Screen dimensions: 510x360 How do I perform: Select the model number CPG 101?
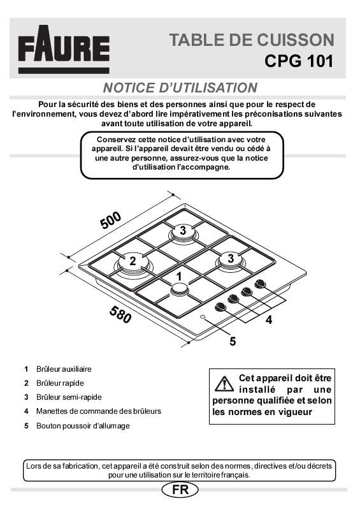point(298,62)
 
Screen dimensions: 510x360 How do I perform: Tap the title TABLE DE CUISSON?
point(251,40)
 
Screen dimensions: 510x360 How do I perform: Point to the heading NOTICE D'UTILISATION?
point(180,87)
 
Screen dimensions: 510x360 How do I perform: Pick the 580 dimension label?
point(120,314)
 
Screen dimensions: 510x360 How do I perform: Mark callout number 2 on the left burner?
point(133,261)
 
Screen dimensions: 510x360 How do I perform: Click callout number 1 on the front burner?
point(180,276)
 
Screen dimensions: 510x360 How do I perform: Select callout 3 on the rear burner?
point(182,230)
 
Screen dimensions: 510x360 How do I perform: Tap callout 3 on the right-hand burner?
point(231,258)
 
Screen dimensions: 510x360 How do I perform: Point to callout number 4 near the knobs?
point(269,321)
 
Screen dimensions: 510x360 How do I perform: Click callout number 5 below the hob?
point(233,341)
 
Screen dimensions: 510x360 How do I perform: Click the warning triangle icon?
point(224,384)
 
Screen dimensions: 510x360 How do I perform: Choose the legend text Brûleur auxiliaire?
point(64,369)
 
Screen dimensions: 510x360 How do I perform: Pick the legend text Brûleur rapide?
point(60,383)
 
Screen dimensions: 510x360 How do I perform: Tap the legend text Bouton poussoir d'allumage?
point(82,425)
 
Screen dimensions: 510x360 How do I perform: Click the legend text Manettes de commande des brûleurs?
point(98,411)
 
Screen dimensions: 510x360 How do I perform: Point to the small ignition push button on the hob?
point(203,317)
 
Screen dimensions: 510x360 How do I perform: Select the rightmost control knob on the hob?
point(260,284)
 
